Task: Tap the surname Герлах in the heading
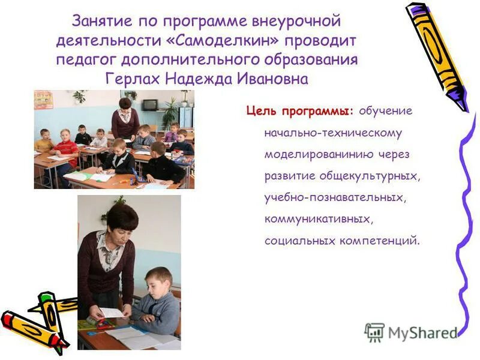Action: tap(133, 79)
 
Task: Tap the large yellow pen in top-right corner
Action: tap(436, 54)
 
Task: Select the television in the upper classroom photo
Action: tap(149, 104)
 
